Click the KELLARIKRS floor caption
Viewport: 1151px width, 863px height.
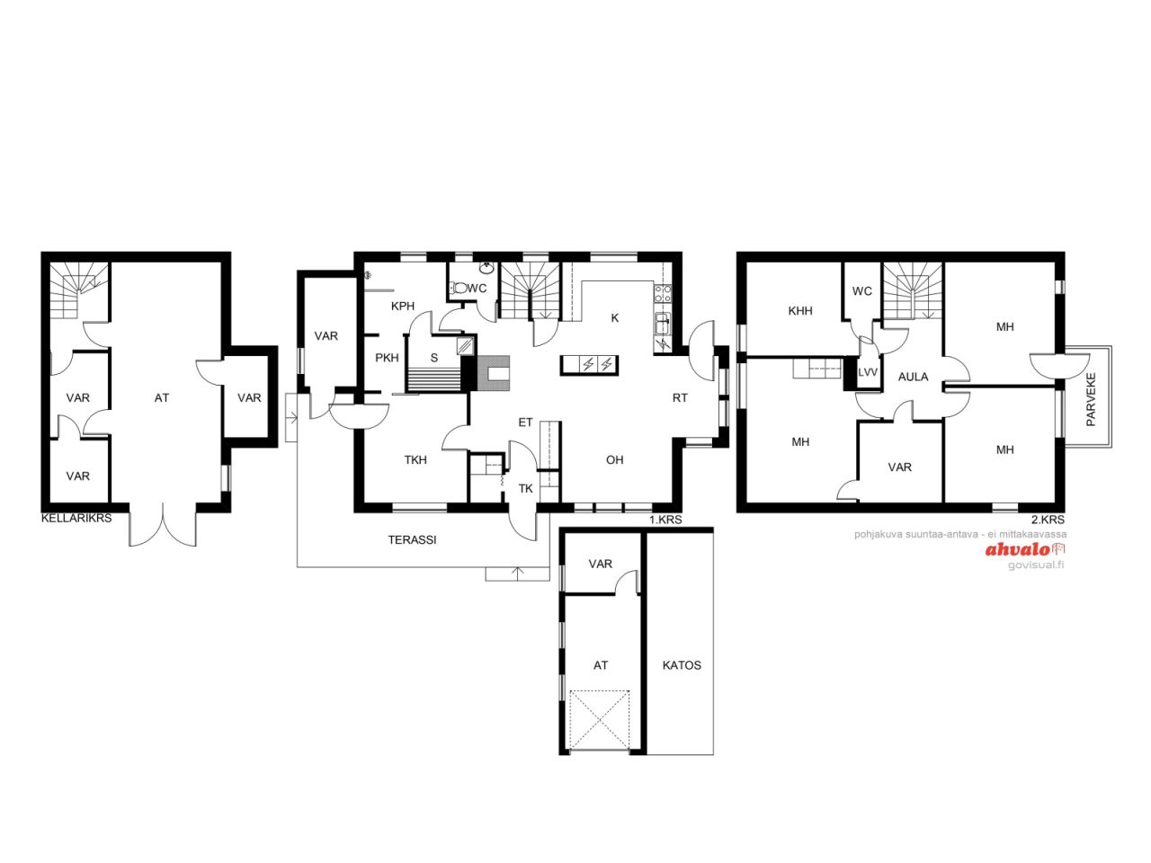[x=76, y=518]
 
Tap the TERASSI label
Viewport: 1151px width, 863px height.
[x=412, y=539]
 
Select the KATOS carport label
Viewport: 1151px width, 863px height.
[x=682, y=665]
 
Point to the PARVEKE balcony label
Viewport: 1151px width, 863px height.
[x=1092, y=399]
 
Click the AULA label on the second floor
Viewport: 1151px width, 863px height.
[x=913, y=377]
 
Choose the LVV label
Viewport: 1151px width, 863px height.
[x=868, y=372]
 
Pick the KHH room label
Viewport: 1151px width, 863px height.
[x=800, y=311]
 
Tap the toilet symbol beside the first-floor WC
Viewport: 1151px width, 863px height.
[x=459, y=287]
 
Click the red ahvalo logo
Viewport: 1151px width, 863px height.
[x=1025, y=549]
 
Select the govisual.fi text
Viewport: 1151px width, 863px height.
[x=1036, y=565]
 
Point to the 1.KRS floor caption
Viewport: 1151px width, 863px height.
[x=666, y=520]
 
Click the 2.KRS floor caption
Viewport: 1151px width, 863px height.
[x=1048, y=520]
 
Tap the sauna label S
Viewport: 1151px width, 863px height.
[x=434, y=358]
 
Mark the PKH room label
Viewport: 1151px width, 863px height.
[x=387, y=358]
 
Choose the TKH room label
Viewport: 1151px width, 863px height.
[x=415, y=460]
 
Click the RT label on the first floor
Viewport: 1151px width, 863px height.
[x=680, y=397]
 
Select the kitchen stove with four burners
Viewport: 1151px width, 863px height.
[x=663, y=292]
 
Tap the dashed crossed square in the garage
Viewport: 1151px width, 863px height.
[x=600, y=720]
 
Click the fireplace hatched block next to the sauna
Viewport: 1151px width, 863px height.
[x=493, y=373]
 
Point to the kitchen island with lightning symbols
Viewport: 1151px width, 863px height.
[x=589, y=365]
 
